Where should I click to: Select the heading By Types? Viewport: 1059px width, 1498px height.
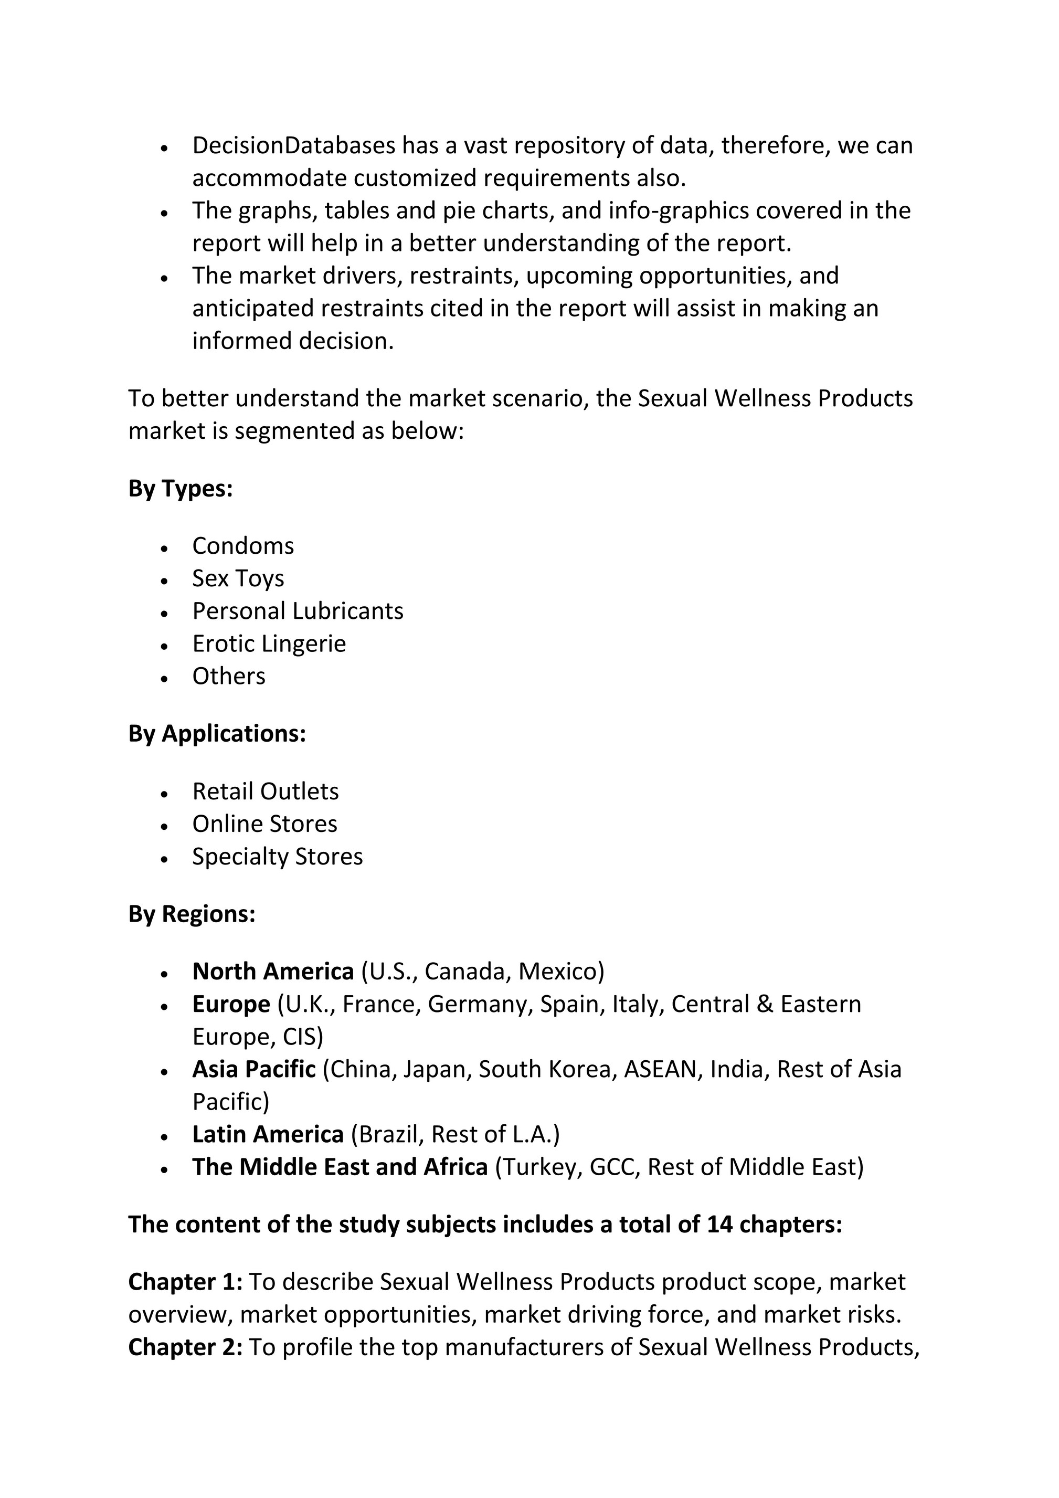(x=180, y=488)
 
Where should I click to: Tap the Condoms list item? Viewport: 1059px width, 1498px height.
(x=243, y=545)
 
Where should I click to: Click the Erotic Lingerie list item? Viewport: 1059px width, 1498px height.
(x=269, y=643)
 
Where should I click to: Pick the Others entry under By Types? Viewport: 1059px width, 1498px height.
(x=228, y=676)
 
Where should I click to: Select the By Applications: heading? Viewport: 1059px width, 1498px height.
(x=217, y=733)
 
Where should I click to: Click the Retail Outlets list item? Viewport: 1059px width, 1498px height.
(x=266, y=792)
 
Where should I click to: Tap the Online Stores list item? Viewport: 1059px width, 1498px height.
(x=264, y=824)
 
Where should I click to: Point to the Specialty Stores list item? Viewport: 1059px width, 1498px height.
(x=277, y=857)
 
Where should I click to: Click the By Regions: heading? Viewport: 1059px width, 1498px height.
(x=191, y=914)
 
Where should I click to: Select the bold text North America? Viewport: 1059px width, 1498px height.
(x=273, y=972)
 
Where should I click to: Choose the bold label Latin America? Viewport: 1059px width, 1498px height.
(x=268, y=1135)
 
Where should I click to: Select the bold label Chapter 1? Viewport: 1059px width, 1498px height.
(x=185, y=1282)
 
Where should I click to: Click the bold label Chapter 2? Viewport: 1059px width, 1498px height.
(x=185, y=1347)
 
